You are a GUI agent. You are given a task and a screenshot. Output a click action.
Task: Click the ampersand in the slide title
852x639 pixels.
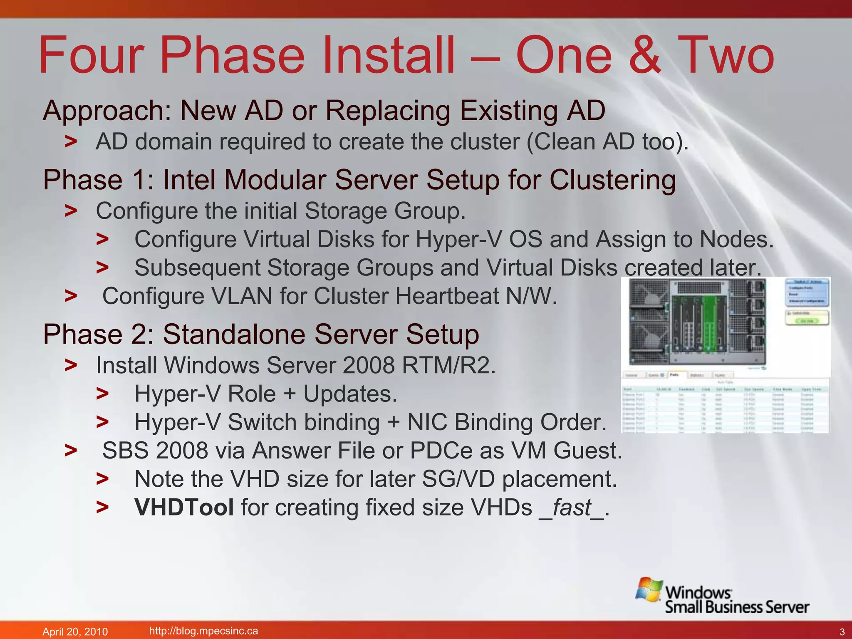click(x=644, y=56)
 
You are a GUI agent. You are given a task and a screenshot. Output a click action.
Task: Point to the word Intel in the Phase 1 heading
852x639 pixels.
click(x=189, y=180)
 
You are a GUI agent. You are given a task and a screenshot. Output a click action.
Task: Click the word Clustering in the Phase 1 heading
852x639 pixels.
click(x=612, y=180)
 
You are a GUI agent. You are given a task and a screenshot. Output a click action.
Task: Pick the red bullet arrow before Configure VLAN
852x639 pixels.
click(x=71, y=296)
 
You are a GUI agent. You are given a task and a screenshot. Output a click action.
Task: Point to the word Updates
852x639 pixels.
click(x=350, y=394)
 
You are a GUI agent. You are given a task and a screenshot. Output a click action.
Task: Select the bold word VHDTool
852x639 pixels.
click(x=184, y=508)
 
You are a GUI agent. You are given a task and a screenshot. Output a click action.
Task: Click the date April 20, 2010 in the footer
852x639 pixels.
click(x=75, y=632)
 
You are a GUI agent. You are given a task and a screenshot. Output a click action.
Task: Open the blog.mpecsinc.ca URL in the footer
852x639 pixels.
click(x=203, y=631)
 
